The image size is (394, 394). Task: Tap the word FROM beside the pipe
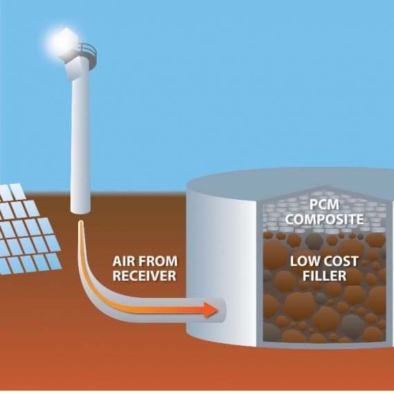[x=158, y=261]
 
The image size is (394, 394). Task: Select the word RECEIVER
[x=144, y=276]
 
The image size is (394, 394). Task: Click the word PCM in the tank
[x=324, y=205]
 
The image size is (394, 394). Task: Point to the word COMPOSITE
[x=324, y=219]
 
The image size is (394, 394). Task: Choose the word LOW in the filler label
[x=303, y=261]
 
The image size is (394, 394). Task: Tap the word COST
[x=339, y=261]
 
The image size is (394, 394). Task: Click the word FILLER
[x=324, y=276]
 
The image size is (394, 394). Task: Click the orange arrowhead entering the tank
[x=211, y=310]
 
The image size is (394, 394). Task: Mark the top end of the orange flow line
[x=81, y=222]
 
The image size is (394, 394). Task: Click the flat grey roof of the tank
[x=289, y=180]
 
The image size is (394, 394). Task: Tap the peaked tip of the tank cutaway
[x=325, y=187]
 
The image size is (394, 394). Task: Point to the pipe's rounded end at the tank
[x=223, y=310]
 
